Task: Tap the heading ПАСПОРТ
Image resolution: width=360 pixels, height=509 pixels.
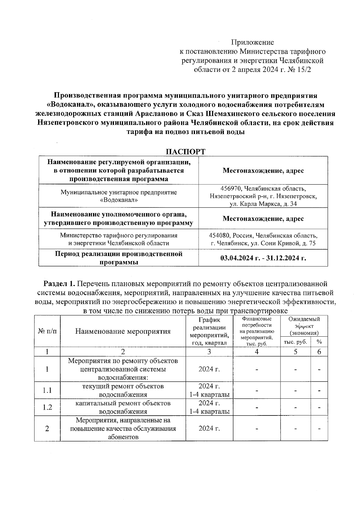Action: (186, 152)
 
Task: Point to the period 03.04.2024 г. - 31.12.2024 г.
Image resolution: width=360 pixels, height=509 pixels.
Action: (263, 258)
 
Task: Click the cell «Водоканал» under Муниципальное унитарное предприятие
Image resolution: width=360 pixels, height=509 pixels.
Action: (118, 200)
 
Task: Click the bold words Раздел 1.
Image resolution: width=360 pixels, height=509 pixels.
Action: (59, 284)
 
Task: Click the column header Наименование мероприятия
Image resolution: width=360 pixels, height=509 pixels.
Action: (123, 331)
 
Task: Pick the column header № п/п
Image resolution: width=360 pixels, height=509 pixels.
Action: (47, 331)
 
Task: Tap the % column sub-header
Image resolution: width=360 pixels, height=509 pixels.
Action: (319, 342)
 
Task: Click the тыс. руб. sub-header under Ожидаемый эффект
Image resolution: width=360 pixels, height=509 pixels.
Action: (295, 342)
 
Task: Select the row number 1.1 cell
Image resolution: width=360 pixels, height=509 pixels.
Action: (47, 390)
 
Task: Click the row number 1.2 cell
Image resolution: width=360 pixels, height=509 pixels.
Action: (47, 407)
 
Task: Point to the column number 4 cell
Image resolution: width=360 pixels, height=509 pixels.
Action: (257, 352)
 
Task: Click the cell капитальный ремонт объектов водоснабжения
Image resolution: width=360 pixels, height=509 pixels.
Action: (123, 407)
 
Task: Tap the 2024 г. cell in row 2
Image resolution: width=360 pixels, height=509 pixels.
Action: (209, 428)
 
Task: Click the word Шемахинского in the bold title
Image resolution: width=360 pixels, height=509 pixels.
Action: (233, 114)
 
